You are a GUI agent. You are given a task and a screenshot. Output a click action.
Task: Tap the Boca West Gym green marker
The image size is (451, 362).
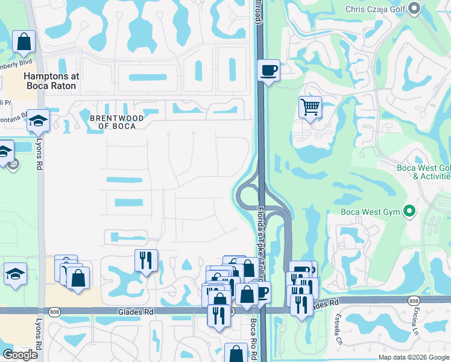point(410,212)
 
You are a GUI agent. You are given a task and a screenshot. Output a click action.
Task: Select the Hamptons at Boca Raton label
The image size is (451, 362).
point(50,81)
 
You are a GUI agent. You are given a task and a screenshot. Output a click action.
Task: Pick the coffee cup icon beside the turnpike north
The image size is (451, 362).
point(268,71)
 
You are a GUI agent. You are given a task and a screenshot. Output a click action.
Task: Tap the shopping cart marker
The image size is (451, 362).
point(310,108)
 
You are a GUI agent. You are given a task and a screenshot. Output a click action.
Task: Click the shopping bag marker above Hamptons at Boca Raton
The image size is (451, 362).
point(24,42)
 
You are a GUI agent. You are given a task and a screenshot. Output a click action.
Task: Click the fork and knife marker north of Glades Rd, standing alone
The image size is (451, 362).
point(146,261)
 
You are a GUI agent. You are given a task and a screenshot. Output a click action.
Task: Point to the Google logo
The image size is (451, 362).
point(20,355)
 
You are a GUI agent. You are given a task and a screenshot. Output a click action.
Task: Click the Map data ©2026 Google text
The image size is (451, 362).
point(414,357)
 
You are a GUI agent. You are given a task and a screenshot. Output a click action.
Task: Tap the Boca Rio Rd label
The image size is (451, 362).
point(254,340)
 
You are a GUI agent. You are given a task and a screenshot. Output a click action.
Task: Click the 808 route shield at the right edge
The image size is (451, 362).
point(413,300)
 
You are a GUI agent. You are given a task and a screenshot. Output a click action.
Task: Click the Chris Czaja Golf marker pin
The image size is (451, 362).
point(414,8)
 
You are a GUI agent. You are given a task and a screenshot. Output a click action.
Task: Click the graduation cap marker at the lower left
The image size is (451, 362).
point(15,275)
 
